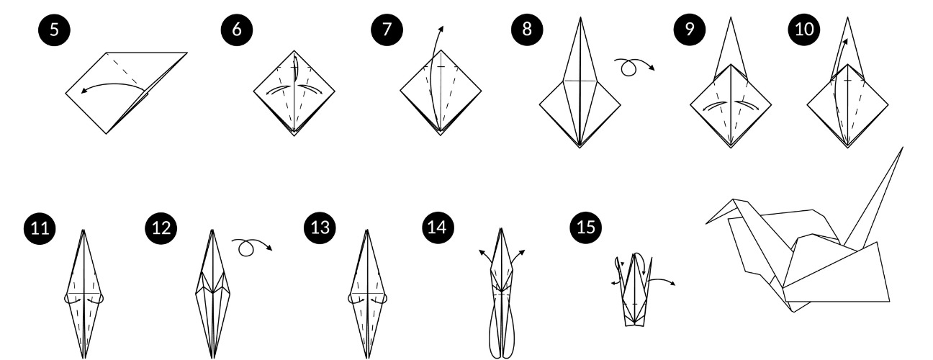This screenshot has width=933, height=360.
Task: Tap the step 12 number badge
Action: click(160, 229)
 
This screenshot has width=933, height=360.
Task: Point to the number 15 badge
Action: click(584, 229)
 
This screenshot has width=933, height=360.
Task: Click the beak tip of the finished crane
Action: click(706, 222)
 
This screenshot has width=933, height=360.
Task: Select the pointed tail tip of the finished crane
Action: click(902, 148)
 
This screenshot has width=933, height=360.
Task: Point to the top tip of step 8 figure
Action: click(580, 18)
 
